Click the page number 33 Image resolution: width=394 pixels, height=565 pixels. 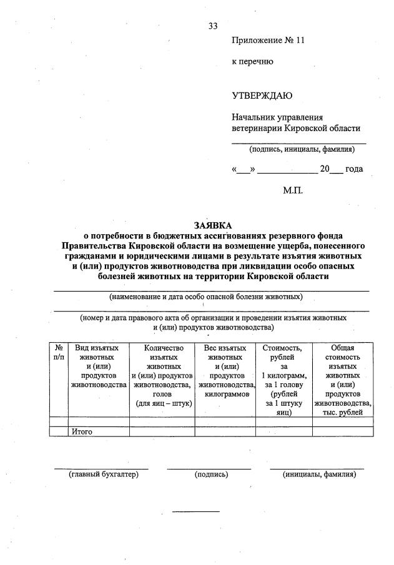point(213,26)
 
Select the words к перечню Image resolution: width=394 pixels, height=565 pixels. point(252,62)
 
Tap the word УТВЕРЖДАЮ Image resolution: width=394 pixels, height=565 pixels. point(262,96)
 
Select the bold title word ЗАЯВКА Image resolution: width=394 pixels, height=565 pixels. point(211,225)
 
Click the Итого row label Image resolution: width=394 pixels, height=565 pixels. point(82,431)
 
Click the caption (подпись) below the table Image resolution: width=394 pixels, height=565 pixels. point(211,474)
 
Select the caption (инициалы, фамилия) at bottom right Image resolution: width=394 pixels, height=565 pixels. point(318,474)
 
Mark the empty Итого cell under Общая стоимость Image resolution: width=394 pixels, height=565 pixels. point(342,431)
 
